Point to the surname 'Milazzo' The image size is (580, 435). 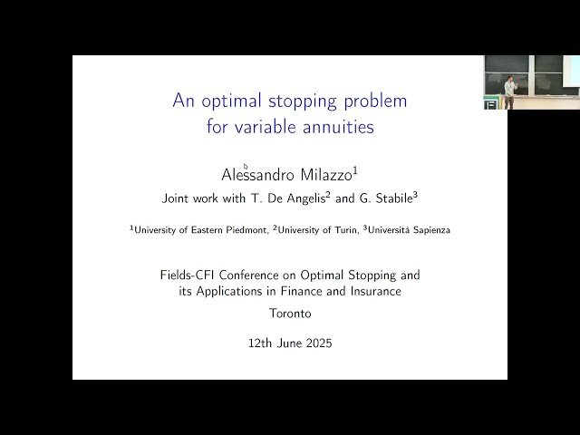tap(324, 175)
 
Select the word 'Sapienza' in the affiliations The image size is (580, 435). tap(429, 230)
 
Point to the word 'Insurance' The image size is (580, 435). tap(370, 291)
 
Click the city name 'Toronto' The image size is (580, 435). tap(290, 314)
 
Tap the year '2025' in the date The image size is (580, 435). tap(316, 343)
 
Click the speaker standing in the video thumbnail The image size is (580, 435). tap(510, 92)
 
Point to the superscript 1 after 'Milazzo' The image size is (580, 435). tap(356, 169)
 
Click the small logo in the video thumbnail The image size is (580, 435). tap(490, 104)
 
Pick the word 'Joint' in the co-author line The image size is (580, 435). tap(176, 198)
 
